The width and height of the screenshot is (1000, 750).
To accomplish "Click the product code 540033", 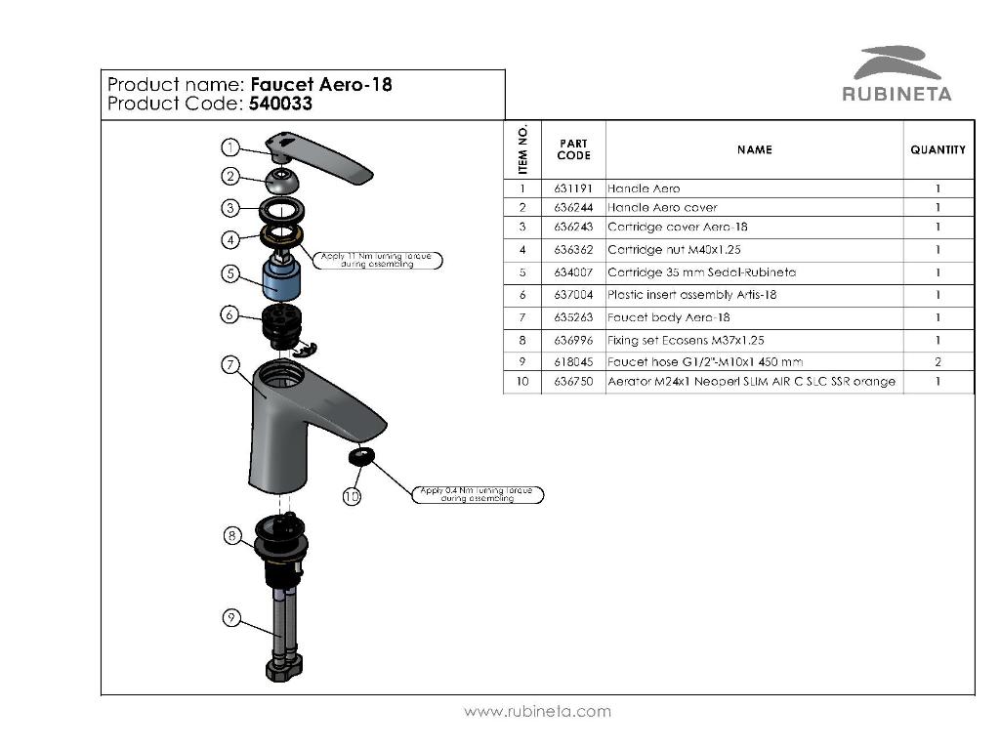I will click(280, 104).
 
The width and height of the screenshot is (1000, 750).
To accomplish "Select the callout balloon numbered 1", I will click(229, 147).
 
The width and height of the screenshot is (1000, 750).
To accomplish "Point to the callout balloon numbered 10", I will click(352, 496).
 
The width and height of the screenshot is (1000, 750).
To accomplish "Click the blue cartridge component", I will click(281, 280).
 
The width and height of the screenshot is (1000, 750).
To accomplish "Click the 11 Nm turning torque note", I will click(380, 260).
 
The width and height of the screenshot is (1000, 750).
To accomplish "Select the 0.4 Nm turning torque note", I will click(478, 494).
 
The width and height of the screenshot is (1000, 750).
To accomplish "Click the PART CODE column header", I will click(573, 149).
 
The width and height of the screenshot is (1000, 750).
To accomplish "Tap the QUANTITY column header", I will click(937, 149).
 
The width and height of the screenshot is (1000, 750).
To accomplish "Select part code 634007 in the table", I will click(573, 272).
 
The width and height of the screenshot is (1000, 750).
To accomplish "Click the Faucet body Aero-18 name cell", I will click(669, 317).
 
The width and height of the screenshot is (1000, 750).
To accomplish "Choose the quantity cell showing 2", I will click(937, 361).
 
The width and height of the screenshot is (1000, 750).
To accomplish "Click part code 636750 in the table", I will click(573, 382).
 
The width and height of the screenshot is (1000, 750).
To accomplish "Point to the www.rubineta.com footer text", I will click(537, 711).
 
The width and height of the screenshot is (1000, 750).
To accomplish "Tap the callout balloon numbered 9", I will click(230, 617).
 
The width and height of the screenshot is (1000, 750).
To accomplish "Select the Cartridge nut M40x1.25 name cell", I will click(675, 250).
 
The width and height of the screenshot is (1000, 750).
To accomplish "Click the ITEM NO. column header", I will click(523, 149).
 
